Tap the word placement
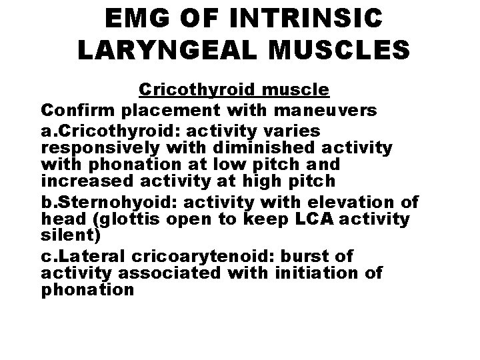pyautogui.click(x=159, y=108)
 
